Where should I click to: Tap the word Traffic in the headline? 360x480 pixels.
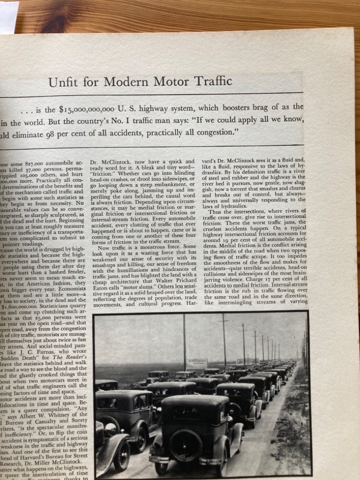[210, 82]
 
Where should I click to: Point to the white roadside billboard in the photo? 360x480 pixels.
[197, 364]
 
